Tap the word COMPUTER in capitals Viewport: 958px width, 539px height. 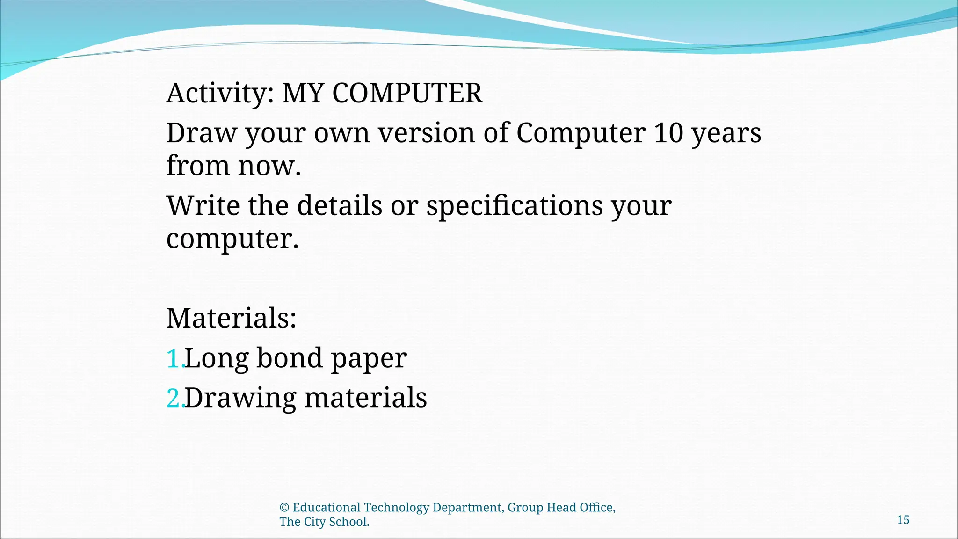(407, 93)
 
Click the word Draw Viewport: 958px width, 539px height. (202, 133)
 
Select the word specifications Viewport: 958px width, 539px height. (514, 206)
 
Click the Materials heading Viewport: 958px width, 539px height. (232, 318)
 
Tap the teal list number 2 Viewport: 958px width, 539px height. (174, 399)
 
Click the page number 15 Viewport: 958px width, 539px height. (903, 520)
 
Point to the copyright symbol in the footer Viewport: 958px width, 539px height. (284, 508)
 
